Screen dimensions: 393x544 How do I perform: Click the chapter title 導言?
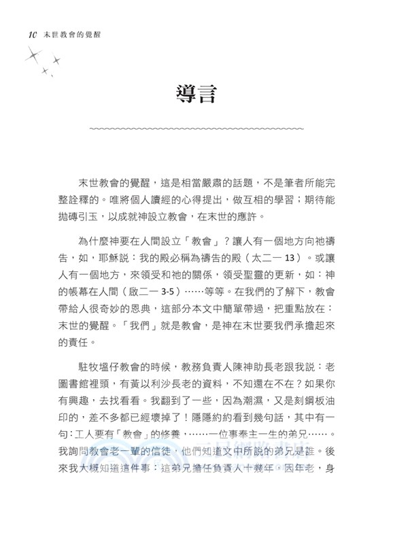click(196, 93)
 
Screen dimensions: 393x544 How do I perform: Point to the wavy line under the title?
click(196, 128)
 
